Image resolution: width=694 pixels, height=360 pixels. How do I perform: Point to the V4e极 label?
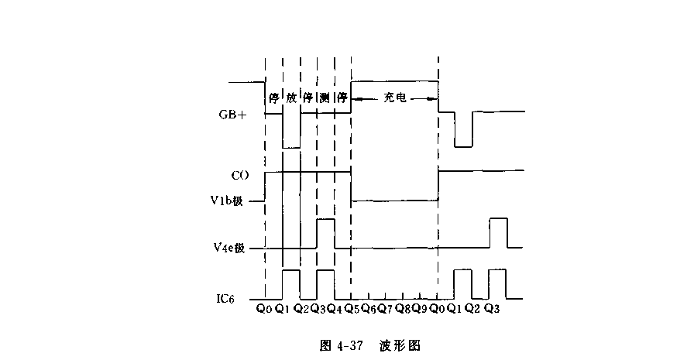tap(229, 248)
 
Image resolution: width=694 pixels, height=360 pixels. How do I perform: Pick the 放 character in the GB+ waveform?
tap(291, 98)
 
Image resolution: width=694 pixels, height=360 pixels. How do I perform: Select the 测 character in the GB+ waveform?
tap(325, 98)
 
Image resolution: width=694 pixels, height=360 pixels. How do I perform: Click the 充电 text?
tap(395, 98)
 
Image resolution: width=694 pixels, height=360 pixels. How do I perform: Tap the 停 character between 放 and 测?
tap(307, 98)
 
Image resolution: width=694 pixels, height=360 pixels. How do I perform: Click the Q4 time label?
tap(335, 309)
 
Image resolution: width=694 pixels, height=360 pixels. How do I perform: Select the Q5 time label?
tap(352, 309)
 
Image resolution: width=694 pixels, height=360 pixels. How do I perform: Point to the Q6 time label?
tap(369, 309)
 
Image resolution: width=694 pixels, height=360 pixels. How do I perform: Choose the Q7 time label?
tap(386, 309)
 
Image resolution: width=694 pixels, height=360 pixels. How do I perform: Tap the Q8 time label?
tap(403, 309)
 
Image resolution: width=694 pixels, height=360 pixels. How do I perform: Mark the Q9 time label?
tap(419, 309)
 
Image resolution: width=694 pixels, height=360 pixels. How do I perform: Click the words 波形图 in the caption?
tap(400, 345)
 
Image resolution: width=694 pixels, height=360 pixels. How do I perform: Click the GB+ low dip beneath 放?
tap(291, 146)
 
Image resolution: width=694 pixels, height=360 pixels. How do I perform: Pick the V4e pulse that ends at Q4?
tap(325, 221)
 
